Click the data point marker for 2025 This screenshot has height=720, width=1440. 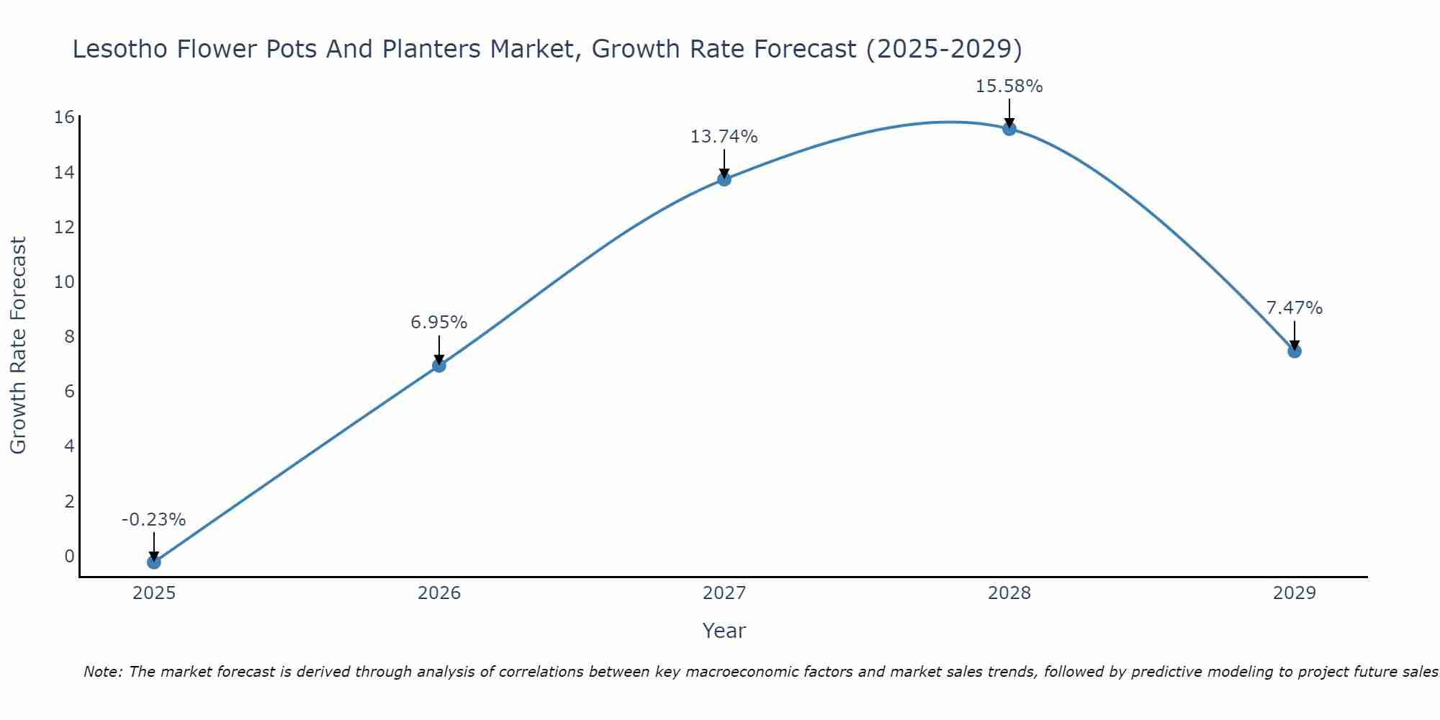click(153, 562)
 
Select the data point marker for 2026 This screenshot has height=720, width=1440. click(438, 365)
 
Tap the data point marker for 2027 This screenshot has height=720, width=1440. click(724, 179)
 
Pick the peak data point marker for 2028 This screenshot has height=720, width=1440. click(1009, 128)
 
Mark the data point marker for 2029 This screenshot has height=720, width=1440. click(1294, 351)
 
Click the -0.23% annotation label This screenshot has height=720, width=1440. click(153, 520)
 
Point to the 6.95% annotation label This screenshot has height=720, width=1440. click(438, 323)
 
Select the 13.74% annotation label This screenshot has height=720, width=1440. click(724, 137)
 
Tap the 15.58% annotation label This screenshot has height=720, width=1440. click(1009, 86)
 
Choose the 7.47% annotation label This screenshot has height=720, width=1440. click(1294, 308)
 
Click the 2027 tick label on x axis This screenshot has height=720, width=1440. click(724, 593)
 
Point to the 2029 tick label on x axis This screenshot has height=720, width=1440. click(1294, 593)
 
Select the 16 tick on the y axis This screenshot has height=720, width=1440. click(64, 117)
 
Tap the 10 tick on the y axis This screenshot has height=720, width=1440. click(64, 282)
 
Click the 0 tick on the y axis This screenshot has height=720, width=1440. click(69, 556)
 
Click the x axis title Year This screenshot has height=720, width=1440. click(724, 631)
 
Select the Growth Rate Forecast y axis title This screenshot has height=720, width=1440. click(19, 346)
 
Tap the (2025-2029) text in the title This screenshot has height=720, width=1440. click(943, 49)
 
